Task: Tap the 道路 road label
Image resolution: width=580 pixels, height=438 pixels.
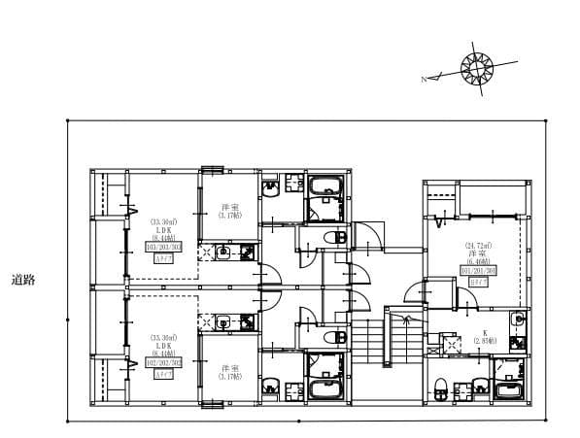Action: pos(23,281)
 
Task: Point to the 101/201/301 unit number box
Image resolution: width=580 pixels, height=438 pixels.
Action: pos(477,269)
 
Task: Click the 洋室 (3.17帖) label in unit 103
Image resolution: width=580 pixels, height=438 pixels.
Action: pos(230,212)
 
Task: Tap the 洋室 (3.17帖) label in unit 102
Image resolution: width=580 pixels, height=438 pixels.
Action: pos(230,372)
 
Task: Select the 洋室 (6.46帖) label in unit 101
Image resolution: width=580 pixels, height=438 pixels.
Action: pos(477,255)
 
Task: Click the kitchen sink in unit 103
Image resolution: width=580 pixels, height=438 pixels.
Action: pos(223,253)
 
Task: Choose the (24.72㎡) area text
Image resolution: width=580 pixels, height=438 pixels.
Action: pos(477,245)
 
